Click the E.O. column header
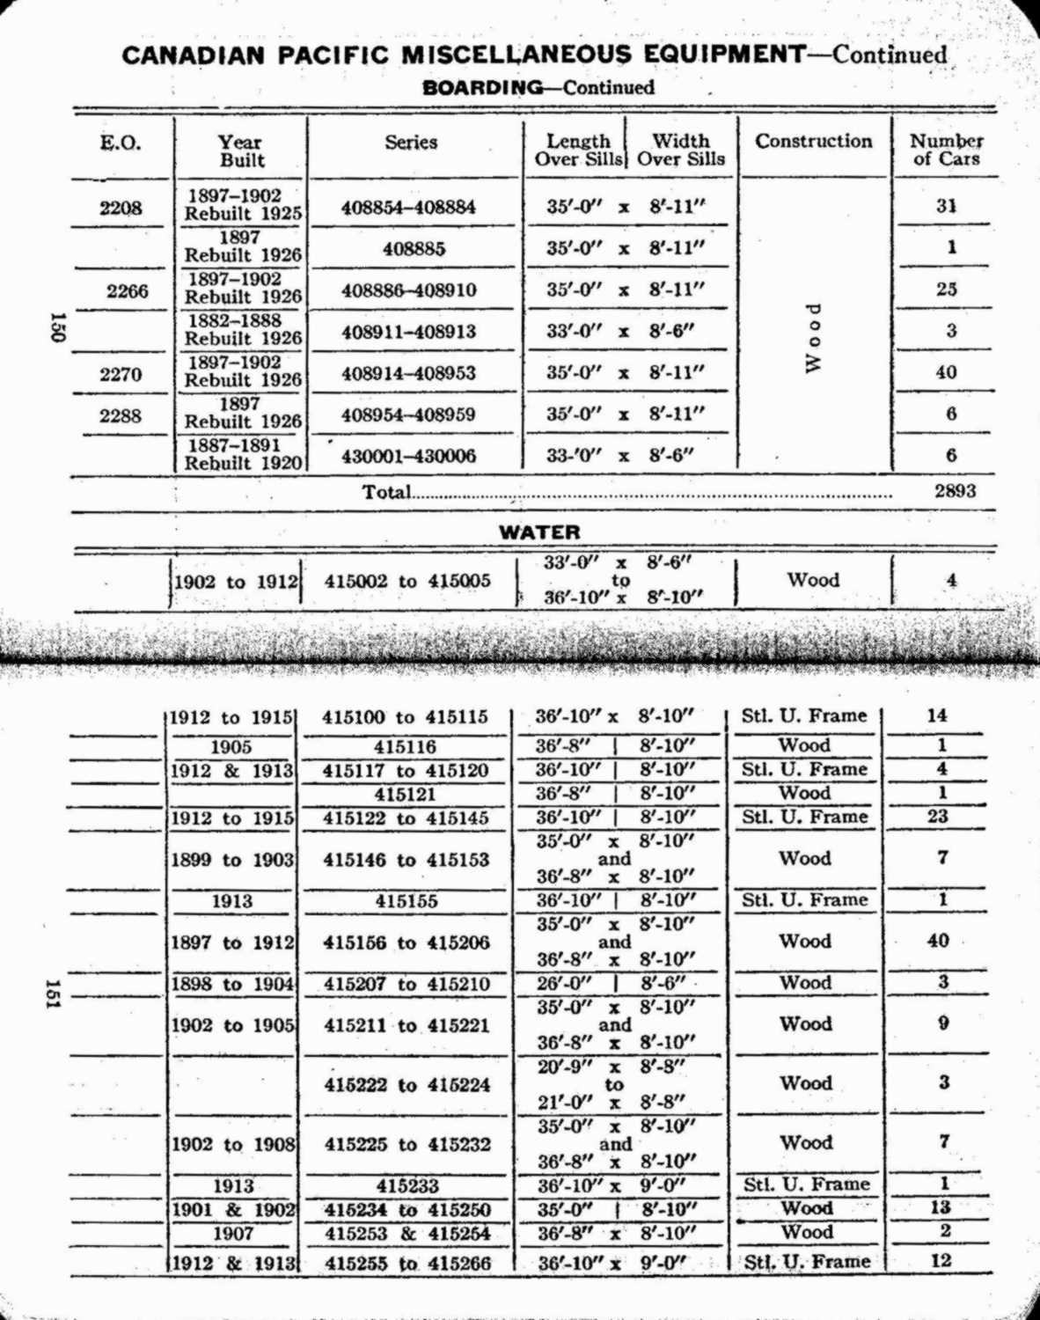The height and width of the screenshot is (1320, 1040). (120, 143)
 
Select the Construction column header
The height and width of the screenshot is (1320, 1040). (813, 142)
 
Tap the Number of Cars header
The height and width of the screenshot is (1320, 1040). (946, 150)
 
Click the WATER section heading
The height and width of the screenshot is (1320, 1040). (539, 532)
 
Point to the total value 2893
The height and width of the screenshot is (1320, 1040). (955, 491)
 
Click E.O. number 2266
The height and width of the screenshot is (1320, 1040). (128, 291)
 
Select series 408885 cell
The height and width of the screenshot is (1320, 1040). (414, 249)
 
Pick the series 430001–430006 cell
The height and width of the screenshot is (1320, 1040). (408, 456)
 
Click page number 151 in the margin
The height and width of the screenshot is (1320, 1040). (54, 994)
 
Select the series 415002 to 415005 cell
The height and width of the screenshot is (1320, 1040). (406, 581)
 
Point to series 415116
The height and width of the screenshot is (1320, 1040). (405, 747)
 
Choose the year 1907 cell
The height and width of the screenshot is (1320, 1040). (232, 1234)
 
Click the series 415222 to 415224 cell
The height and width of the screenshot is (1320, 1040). (406, 1085)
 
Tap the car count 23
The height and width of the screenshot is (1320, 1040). (938, 816)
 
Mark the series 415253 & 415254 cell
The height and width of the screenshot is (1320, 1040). (406, 1234)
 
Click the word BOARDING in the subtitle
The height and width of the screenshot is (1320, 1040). (483, 87)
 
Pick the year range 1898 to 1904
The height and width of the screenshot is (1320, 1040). (232, 984)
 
